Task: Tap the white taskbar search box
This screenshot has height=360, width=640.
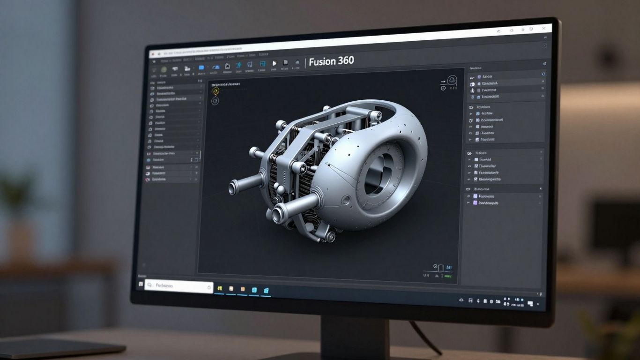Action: point(179,285)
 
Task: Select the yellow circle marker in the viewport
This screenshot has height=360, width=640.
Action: point(215,91)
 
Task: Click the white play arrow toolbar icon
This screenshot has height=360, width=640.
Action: point(275,63)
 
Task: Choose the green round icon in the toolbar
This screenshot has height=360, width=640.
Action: point(164,68)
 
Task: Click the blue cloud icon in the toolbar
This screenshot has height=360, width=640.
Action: point(216,67)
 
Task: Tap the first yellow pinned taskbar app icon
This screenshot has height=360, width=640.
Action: point(219,288)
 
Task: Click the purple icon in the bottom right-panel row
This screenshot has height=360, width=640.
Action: point(475,203)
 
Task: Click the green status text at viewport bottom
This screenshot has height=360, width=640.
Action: point(447,276)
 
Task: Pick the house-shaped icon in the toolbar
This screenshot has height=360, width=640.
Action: point(227,67)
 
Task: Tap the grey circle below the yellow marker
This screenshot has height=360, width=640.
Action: point(215,101)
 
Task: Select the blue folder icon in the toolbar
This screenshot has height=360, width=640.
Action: point(201,67)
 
